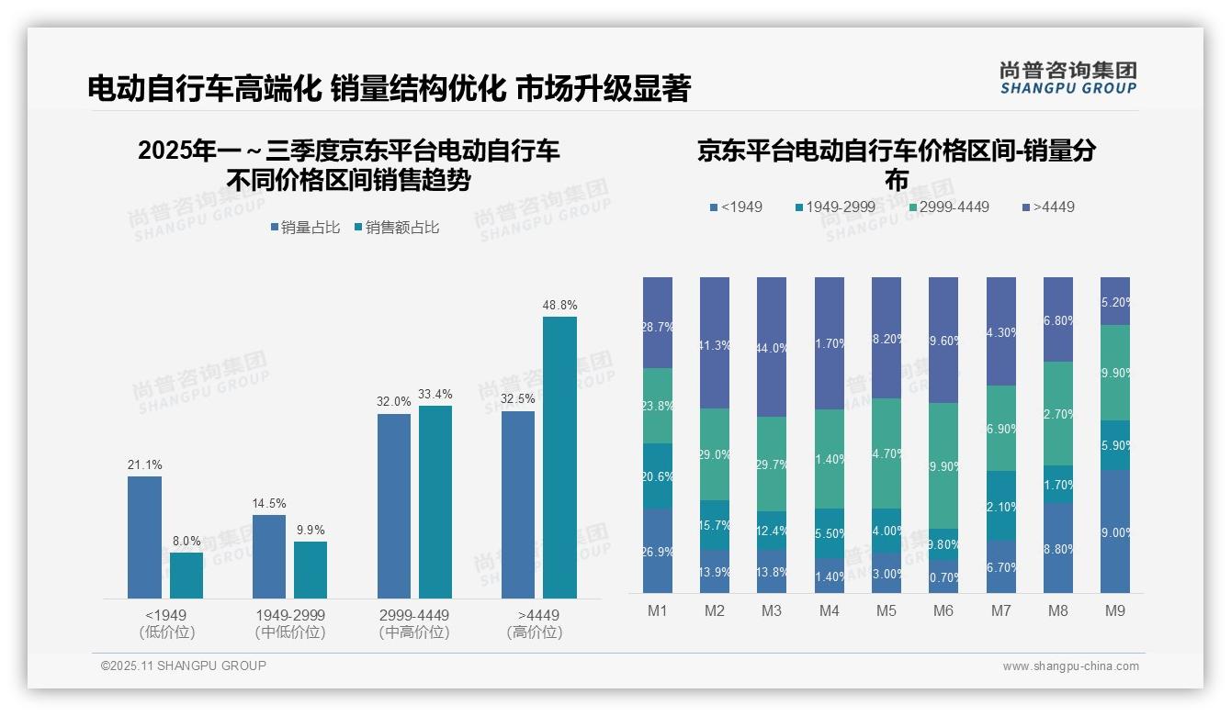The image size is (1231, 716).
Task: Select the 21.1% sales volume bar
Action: [x=144, y=537]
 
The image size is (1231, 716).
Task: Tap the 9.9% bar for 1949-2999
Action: [x=311, y=570]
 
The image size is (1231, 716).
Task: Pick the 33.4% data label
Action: [x=435, y=395]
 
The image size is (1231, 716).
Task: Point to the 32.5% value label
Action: [x=518, y=400]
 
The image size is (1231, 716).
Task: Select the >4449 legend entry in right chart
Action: [x=1047, y=207]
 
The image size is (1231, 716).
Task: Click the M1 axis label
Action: [x=658, y=610]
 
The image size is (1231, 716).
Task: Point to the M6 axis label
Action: [x=943, y=610]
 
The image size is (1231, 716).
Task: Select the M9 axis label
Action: [x=1115, y=610]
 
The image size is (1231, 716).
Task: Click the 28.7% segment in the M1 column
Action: [x=658, y=322]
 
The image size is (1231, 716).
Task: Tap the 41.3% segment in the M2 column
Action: [x=715, y=342]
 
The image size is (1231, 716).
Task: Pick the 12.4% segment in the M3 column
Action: [x=772, y=531]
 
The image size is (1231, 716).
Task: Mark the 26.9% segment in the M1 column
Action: [x=658, y=552]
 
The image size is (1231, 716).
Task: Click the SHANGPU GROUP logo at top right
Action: [x=1067, y=78]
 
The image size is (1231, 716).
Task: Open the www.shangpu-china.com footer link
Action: [x=1070, y=666]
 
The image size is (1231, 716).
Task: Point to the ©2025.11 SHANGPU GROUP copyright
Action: [x=184, y=666]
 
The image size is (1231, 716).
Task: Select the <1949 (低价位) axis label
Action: [x=166, y=623]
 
